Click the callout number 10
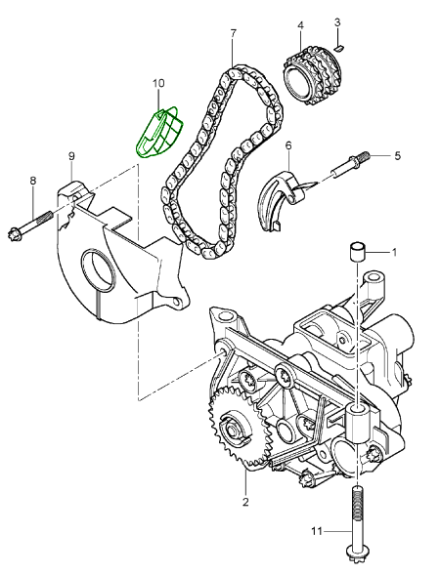pos(158,84)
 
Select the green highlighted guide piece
pos(159,131)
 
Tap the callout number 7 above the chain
pos(234,33)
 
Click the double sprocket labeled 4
pos(313,78)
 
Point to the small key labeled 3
pos(339,47)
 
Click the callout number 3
pos(337,22)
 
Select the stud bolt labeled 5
pos(351,165)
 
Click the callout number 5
pos(397,156)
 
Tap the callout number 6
pos(288,146)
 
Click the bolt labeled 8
pos(30,225)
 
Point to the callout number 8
pos(33,181)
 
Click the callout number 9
pos(71,156)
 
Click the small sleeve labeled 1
pos(356,251)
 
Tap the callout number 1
pos(394,252)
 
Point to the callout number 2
pos(245,502)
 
